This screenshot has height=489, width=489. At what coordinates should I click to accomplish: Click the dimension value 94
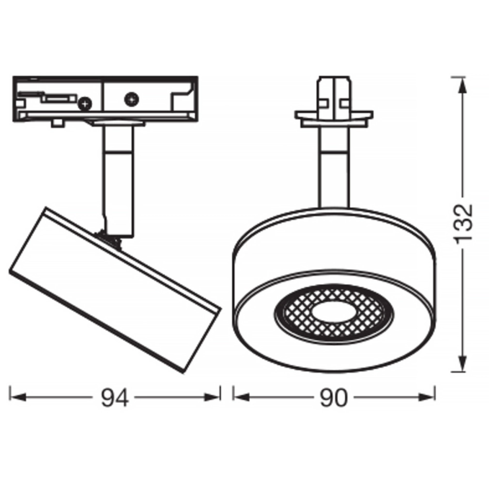pyautogui.click(x=115, y=398)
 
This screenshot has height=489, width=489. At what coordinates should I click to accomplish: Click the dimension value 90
pyautogui.click(x=334, y=398)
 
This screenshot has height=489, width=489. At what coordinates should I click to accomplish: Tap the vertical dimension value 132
pyautogui.click(x=463, y=222)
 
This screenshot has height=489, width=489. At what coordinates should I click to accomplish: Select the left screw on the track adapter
pyautogui.click(x=85, y=103)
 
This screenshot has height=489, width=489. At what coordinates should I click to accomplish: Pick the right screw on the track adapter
pyautogui.click(x=132, y=99)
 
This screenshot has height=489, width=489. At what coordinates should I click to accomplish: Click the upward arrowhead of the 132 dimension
pyautogui.click(x=462, y=85)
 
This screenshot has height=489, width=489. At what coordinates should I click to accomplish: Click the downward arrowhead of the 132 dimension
pyautogui.click(x=462, y=364)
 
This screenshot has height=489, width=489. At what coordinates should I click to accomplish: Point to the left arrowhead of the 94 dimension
pyautogui.click(x=17, y=397)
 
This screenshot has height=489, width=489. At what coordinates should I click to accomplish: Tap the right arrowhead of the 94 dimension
pyautogui.click(x=212, y=397)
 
